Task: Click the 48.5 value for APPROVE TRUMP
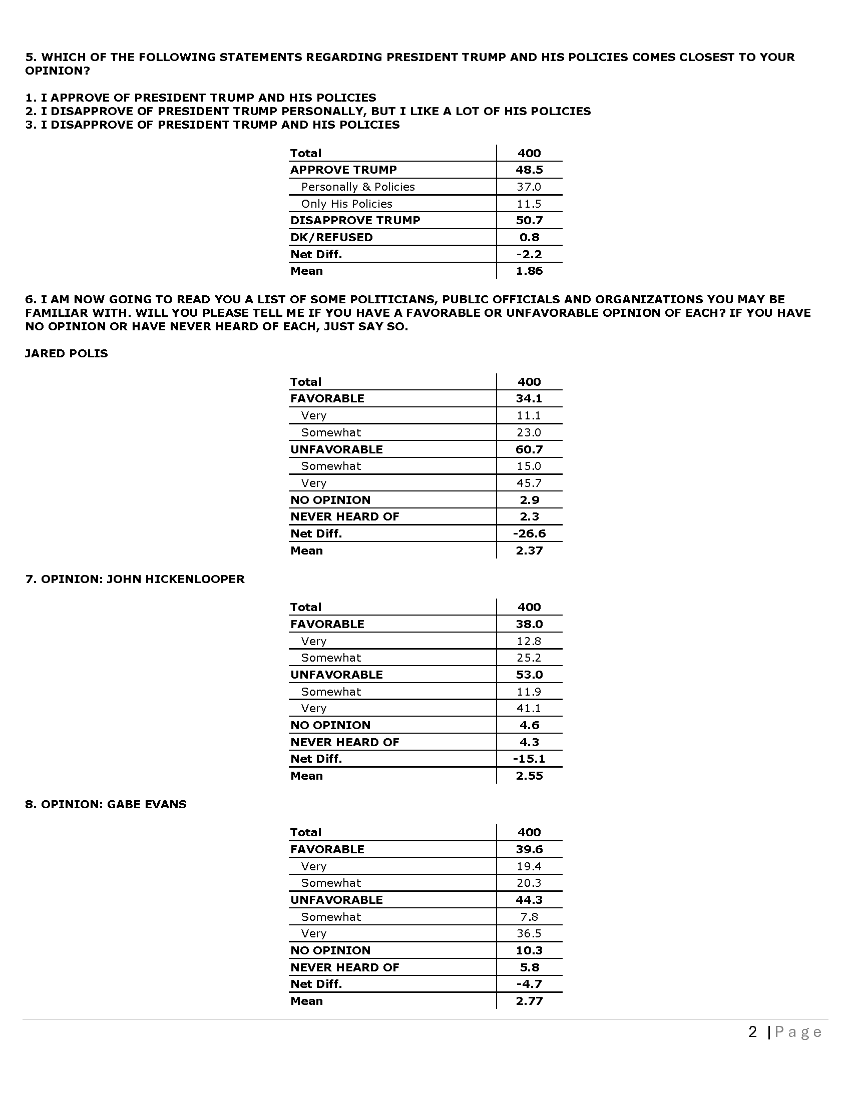tap(529, 170)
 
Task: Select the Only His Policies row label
tap(346, 204)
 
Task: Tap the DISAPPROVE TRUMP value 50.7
tap(529, 220)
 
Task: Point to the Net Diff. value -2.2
tap(529, 254)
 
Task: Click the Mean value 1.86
tap(529, 271)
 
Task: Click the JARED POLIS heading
tap(67, 353)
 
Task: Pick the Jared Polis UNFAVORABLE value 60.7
tap(529, 449)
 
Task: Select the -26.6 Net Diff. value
tap(529, 533)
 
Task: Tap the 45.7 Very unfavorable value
tap(529, 483)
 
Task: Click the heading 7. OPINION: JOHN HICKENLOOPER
tap(135, 579)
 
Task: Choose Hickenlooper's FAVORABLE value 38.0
tap(529, 624)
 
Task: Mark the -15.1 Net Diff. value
tap(529, 759)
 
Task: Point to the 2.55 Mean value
tap(529, 775)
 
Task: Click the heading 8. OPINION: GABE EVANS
tap(106, 804)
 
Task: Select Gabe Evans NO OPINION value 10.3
tap(529, 950)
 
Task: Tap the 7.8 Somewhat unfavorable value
tap(529, 916)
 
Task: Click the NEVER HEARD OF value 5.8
tap(529, 967)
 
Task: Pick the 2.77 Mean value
tap(529, 1001)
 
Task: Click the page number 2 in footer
tap(752, 1032)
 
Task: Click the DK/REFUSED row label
tap(331, 237)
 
